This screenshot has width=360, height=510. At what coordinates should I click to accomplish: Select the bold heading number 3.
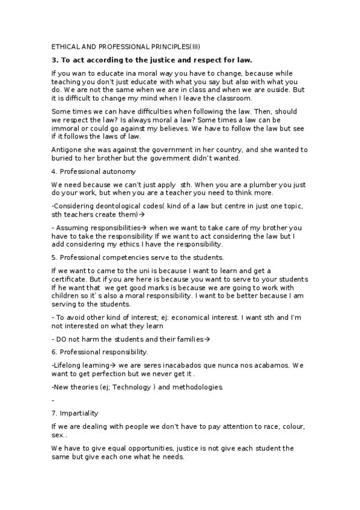[x=54, y=60]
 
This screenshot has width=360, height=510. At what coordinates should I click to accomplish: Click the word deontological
[x=115, y=206]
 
